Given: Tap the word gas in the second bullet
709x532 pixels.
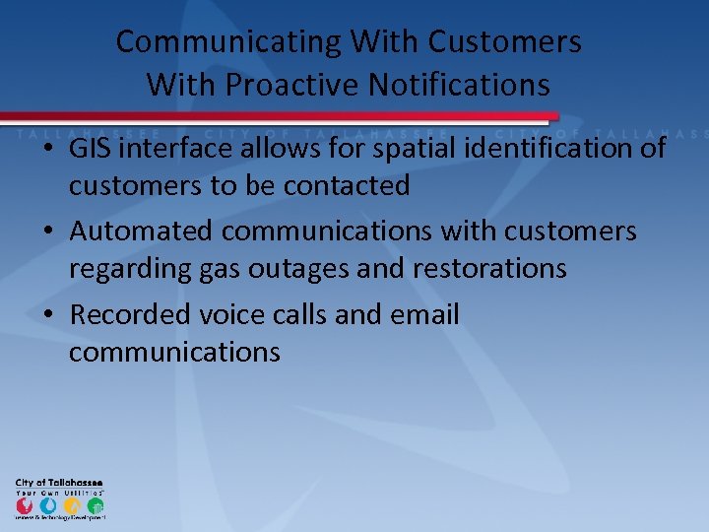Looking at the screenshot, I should coord(219,269).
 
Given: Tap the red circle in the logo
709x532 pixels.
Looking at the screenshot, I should coord(24,505).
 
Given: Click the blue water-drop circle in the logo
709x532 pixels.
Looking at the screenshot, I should coord(47,505).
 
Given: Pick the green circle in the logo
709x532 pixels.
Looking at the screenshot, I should coord(95,505).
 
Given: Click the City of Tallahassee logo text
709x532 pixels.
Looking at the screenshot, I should coord(59,482).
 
